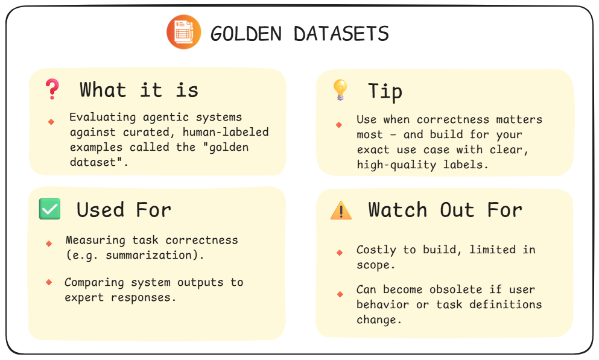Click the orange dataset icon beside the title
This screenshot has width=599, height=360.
pyautogui.click(x=183, y=33)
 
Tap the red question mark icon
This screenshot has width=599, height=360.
pyautogui.click(x=52, y=89)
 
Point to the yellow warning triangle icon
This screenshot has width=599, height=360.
pyautogui.click(x=341, y=210)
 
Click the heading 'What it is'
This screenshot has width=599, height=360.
pyautogui.click(x=139, y=90)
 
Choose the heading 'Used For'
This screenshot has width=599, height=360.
pyautogui.click(x=124, y=209)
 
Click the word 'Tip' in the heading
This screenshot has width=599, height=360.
pyautogui.click(x=385, y=91)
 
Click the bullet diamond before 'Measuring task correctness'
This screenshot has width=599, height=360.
pyautogui.click(x=49, y=244)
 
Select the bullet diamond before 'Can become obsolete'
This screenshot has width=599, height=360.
pyautogui.click(x=340, y=294)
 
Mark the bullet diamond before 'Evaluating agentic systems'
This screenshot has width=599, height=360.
pyautogui.click(x=51, y=121)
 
